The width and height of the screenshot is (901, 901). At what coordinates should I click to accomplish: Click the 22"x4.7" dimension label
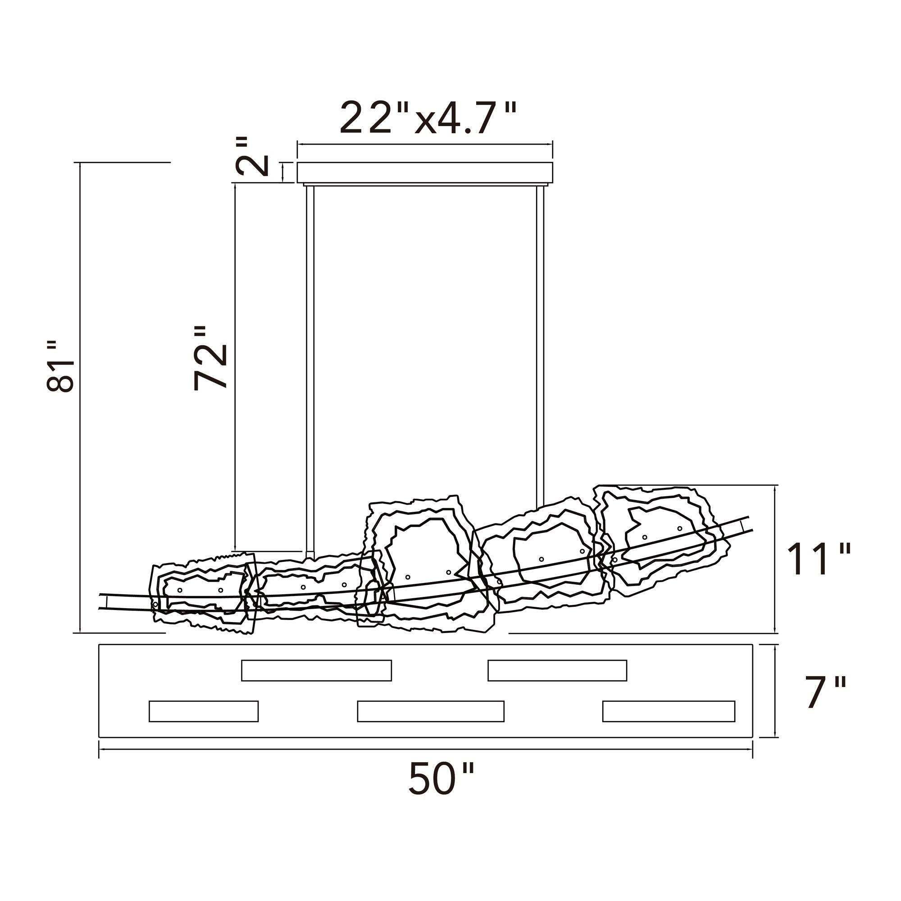428,118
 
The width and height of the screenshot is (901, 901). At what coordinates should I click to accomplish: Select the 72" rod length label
210,358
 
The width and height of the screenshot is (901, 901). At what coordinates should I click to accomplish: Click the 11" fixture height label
819,559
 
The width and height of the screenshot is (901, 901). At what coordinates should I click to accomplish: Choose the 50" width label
441,778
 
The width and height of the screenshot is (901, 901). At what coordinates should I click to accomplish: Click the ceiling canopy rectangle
425,173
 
